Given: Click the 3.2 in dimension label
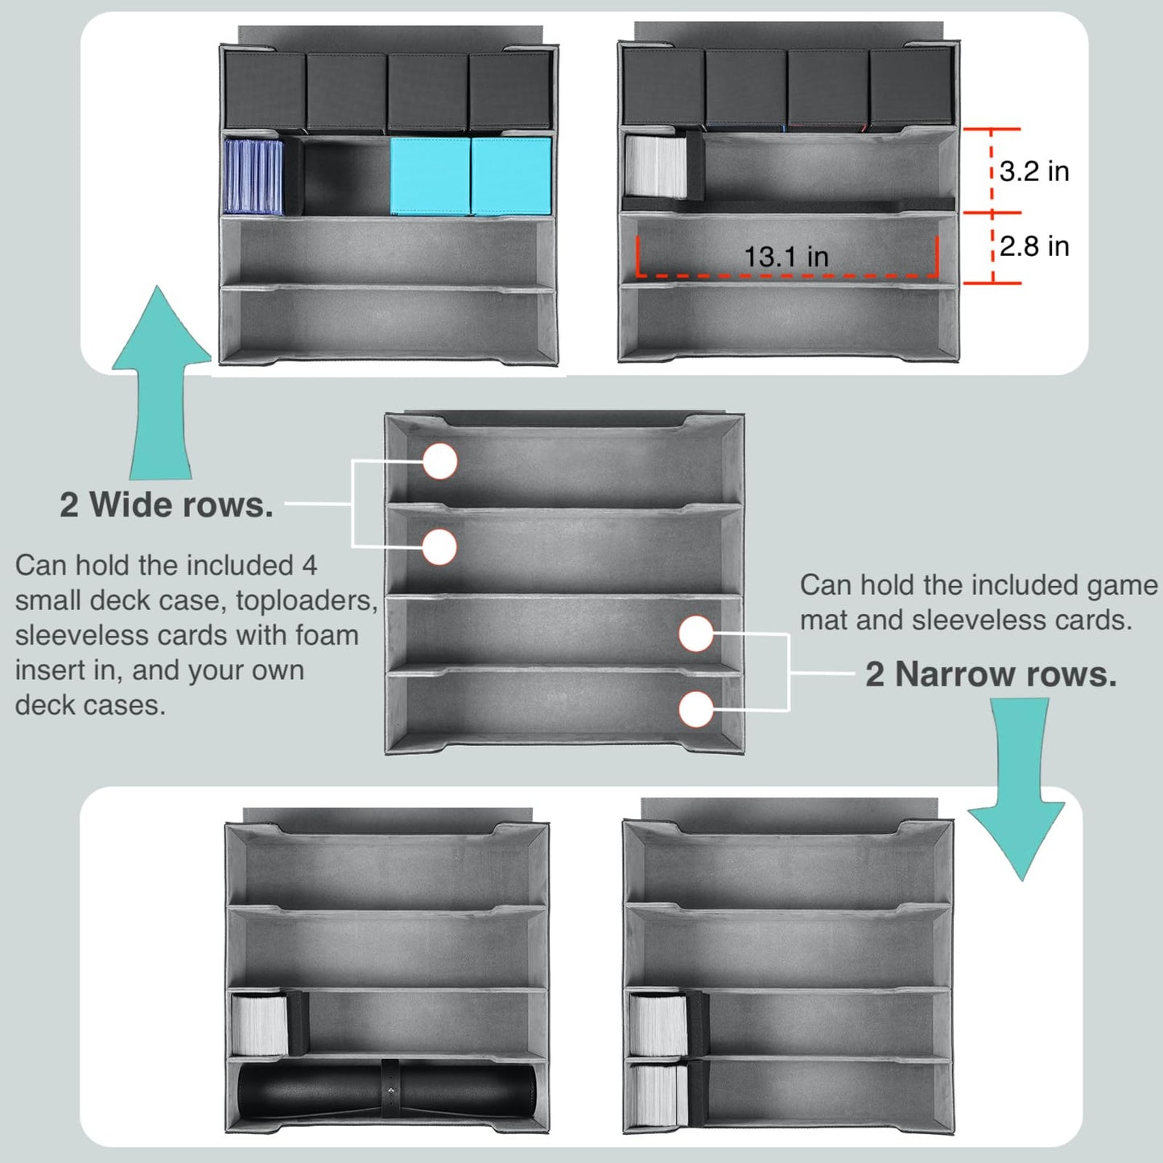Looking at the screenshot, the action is click(1034, 171).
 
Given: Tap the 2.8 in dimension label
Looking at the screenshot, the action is click(1034, 246).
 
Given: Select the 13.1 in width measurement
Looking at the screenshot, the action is click(786, 257).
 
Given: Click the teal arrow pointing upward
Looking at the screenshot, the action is click(161, 383).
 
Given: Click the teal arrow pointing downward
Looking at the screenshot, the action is click(1017, 789).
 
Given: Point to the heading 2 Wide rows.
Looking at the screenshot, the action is click(166, 505).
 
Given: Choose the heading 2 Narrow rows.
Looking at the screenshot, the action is click(991, 674).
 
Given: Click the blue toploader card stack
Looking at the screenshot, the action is click(254, 177).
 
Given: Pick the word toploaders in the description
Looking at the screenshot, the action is click(307, 600).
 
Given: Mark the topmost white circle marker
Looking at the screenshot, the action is click(440, 462).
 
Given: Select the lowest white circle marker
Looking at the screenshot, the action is click(696, 708).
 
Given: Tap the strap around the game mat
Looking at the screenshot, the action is click(390, 1094).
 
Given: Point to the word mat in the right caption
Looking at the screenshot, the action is click(823, 621).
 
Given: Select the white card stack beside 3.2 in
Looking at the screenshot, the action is click(656, 167).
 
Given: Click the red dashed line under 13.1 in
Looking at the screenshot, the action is click(787, 275).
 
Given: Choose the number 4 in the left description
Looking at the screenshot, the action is click(310, 566).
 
